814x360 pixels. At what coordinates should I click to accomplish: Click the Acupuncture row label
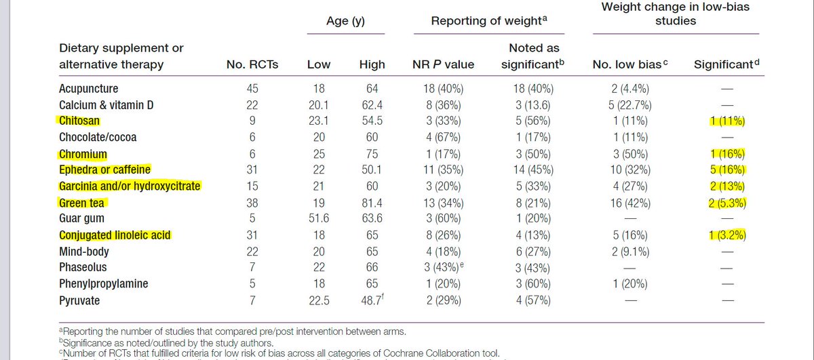(x=88, y=89)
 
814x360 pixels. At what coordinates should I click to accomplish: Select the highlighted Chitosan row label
(x=79, y=121)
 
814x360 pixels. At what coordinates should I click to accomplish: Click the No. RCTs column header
(x=252, y=65)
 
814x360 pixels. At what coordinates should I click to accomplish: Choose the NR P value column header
(x=444, y=65)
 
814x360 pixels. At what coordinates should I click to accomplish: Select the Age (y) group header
(x=346, y=21)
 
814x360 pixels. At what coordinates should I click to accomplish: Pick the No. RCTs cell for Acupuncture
(x=252, y=89)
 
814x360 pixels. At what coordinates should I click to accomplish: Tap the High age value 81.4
(x=372, y=203)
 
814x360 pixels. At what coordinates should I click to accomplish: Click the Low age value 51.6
(x=319, y=219)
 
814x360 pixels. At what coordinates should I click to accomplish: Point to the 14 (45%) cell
(x=534, y=170)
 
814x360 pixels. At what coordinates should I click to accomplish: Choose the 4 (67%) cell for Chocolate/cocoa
(x=444, y=138)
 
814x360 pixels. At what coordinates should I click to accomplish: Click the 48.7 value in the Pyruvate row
(x=370, y=300)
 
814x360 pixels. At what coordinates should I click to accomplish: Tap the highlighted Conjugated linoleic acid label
(x=115, y=235)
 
